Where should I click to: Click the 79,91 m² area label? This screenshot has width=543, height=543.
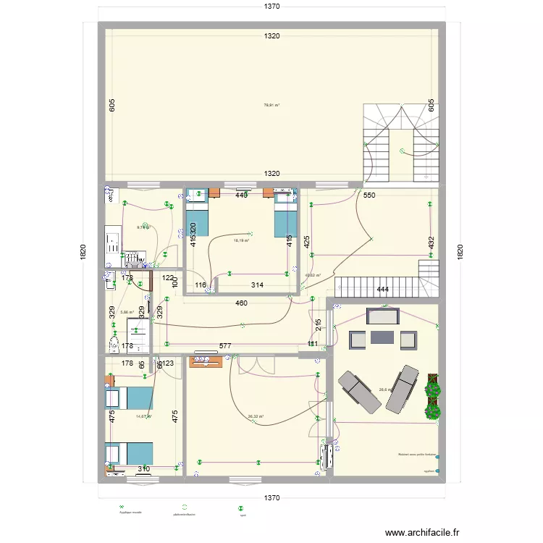pos(271,105)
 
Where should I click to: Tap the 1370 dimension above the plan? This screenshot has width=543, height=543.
pos(271,7)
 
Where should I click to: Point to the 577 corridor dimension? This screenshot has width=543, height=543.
pos(225,347)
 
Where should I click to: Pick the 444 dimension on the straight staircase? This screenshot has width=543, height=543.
pos(383,290)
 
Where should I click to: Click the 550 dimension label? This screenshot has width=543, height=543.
pos(369,195)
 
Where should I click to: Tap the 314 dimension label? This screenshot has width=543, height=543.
pos(257,285)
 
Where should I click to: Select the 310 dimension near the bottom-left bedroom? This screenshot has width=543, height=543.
pos(144,469)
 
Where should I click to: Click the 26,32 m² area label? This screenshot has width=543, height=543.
pos(256,416)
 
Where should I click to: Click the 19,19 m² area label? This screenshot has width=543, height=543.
pos(241,241)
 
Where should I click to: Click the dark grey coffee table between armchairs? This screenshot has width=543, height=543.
pos(382,337)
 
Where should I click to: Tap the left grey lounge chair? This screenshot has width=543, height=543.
pos(357,392)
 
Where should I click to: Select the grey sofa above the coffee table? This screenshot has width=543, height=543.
pos(382,316)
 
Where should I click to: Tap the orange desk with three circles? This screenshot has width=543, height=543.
pos(206,361)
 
